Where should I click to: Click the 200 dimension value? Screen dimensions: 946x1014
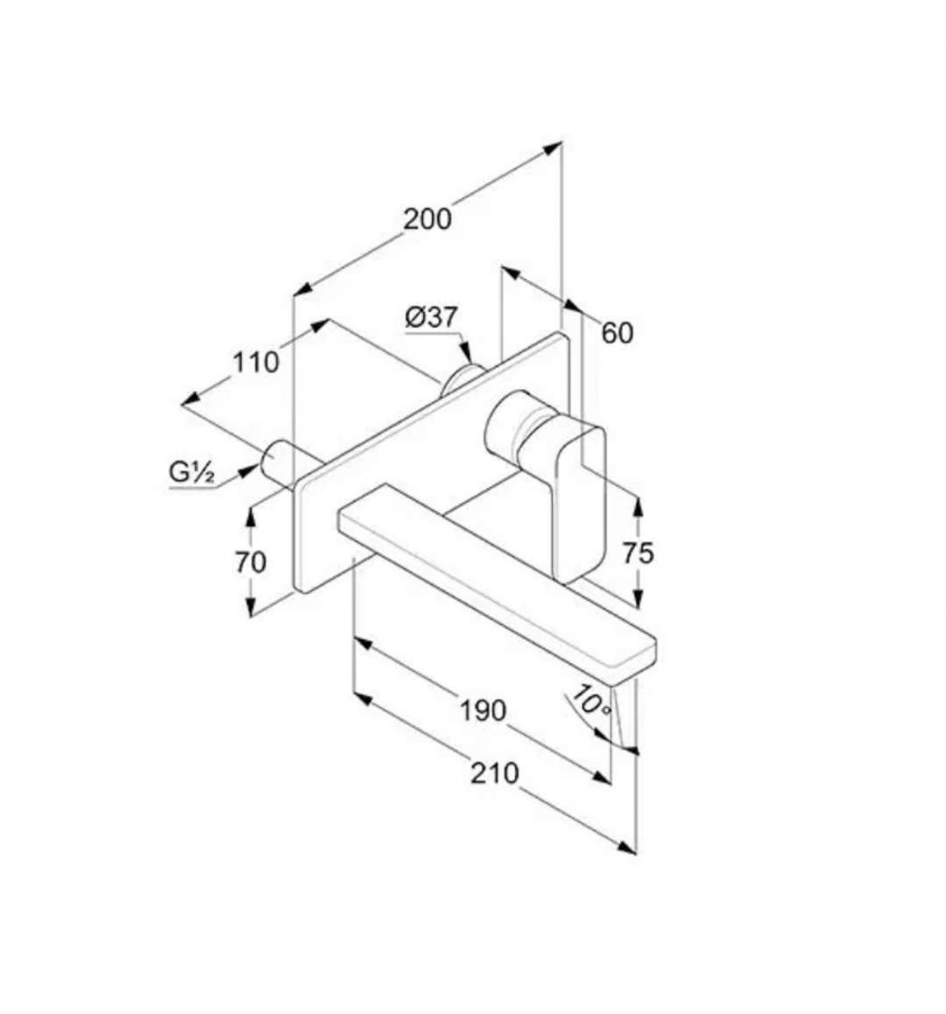[x=427, y=219]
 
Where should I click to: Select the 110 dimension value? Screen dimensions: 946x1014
[x=256, y=362]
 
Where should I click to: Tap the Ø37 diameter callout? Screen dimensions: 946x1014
[x=431, y=317]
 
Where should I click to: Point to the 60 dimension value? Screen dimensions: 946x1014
[x=617, y=333]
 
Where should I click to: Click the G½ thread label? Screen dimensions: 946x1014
[x=191, y=472]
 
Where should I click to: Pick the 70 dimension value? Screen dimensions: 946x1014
[x=251, y=562]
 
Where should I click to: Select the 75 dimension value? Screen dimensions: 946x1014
[x=638, y=553]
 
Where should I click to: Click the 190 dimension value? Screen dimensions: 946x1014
[x=482, y=711]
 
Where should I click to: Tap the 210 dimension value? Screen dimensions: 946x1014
[x=494, y=772]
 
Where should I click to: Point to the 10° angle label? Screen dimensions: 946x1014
[x=590, y=702]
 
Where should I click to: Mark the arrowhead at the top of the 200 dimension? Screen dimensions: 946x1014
[x=552, y=149]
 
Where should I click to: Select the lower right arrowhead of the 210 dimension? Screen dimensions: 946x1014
[x=626, y=848]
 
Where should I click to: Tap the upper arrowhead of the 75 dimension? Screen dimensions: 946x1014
[x=638, y=507]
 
